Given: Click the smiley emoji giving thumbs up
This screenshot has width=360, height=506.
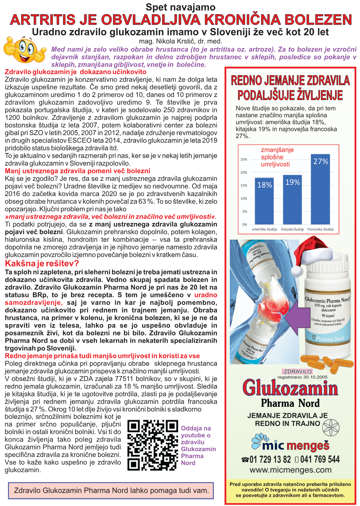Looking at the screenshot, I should (x=25, y=52).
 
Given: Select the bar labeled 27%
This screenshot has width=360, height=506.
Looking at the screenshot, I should (x=320, y=190).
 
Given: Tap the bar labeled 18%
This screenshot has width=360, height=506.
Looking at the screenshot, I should (x=264, y=201).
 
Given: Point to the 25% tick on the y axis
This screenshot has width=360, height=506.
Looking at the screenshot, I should (x=244, y=159).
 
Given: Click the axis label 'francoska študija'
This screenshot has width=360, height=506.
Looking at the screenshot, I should (x=320, y=229).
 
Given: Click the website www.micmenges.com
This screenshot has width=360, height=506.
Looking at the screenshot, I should (x=290, y=470).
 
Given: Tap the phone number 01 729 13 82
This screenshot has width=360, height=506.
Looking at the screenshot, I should (x=270, y=459).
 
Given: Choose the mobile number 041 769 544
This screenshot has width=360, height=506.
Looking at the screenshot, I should (x=320, y=459).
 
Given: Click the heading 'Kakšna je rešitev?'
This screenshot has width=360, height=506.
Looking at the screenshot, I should (x=42, y=263).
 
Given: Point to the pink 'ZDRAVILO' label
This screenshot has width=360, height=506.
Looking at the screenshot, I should (x=298, y=371).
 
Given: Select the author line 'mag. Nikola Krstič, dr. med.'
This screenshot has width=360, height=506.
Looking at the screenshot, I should (x=180, y=41).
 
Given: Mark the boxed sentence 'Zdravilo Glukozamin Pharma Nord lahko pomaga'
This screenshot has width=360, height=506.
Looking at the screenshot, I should (x=111, y=490).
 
